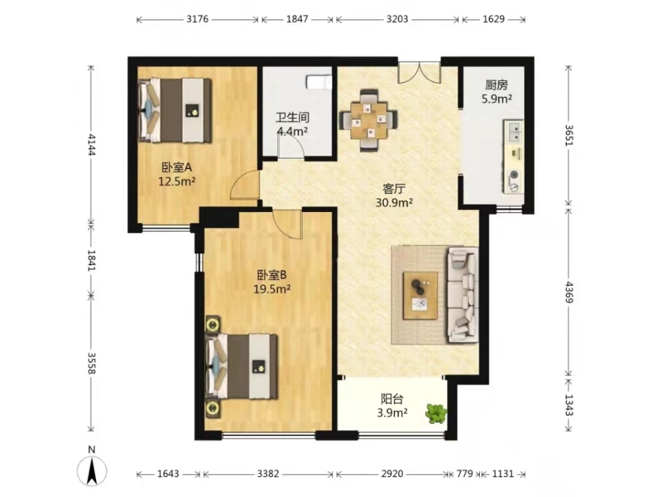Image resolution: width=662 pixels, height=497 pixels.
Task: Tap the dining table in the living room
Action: pyautogui.click(x=369, y=121)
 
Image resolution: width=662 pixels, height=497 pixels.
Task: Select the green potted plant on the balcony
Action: pyautogui.click(x=436, y=414)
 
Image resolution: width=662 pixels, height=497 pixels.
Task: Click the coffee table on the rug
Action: pyautogui.click(x=420, y=296)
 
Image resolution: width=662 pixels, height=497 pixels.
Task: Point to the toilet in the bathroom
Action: pyautogui.click(x=319, y=82)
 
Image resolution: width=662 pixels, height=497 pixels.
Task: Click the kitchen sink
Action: pyautogui.click(x=514, y=131)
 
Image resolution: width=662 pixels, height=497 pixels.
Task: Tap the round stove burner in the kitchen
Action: pyautogui.click(x=514, y=174)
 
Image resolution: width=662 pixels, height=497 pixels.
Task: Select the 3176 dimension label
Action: pyautogui.click(x=197, y=19)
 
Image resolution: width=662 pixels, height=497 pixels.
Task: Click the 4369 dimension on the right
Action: pyautogui.click(x=569, y=292)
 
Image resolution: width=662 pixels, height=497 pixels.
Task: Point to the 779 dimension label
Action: pyautogui.click(x=465, y=474)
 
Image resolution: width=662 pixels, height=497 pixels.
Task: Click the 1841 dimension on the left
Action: pyautogui.click(x=91, y=260)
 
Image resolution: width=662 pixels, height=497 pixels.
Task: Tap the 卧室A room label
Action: pyautogui.click(x=177, y=168)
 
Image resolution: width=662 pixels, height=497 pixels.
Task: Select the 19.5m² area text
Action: pyautogui.click(x=272, y=290)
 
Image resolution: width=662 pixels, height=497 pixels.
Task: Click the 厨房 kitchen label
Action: pyautogui.click(x=496, y=85)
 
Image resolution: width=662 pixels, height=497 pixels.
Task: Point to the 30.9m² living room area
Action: pyautogui.click(x=394, y=203)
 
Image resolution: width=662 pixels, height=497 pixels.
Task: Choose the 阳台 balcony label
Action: pyautogui.click(x=392, y=399)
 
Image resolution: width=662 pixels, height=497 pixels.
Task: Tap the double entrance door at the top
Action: pyautogui.click(x=420, y=72)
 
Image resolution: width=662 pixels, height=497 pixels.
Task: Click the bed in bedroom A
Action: pyautogui.click(x=175, y=110)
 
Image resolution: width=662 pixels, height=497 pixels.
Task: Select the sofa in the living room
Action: pyautogui.click(x=463, y=295)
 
